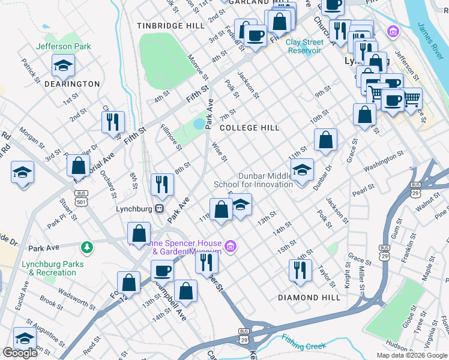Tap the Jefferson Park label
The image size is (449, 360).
(63, 46)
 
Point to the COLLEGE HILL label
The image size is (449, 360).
(249, 128)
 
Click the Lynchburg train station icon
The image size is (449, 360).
(160, 209)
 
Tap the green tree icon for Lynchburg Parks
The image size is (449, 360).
(87, 247)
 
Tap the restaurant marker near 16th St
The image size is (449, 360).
(300, 270)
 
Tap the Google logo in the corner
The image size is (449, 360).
(20, 353)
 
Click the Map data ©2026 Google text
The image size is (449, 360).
(411, 355)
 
